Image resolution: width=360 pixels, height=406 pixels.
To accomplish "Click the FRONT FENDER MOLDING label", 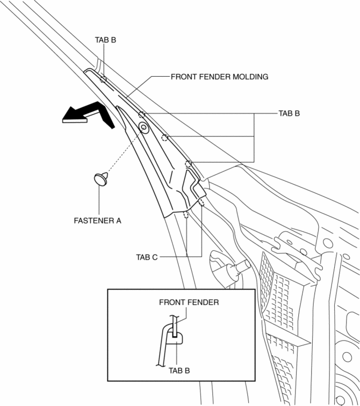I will click(219, 77).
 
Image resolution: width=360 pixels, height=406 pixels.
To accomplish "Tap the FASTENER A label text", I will click(97, 220).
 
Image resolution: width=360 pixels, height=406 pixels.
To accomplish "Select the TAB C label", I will click(147, 257).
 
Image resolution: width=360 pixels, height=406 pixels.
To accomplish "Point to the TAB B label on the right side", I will click(289, 114).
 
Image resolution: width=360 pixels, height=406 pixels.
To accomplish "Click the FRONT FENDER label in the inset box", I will click(189, 302).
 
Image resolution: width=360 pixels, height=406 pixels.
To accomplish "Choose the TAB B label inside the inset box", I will click(178, 370).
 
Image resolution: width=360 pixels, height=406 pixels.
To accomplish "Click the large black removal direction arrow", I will click(89, 114).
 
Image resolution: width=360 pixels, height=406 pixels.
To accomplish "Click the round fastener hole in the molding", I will click(144, 128).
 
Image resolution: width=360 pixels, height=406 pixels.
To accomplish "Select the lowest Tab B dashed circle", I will click(189, 164).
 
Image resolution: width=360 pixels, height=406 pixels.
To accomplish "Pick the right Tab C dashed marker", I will click(201, 203).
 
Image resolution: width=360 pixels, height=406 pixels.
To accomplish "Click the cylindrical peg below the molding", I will click(236, 266).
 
